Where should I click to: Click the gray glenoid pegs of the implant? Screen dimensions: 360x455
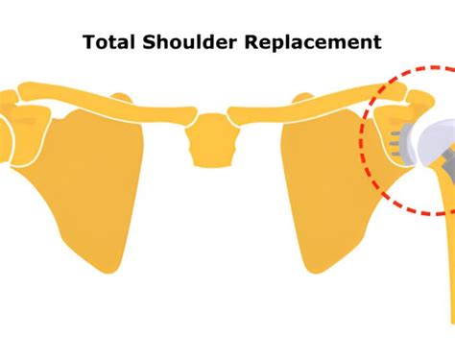395,142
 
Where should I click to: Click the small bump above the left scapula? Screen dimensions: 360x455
120,98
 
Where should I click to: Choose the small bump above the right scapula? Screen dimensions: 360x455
299,98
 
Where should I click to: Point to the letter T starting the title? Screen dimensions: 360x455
88,42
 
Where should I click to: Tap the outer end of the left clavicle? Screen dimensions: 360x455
13,97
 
